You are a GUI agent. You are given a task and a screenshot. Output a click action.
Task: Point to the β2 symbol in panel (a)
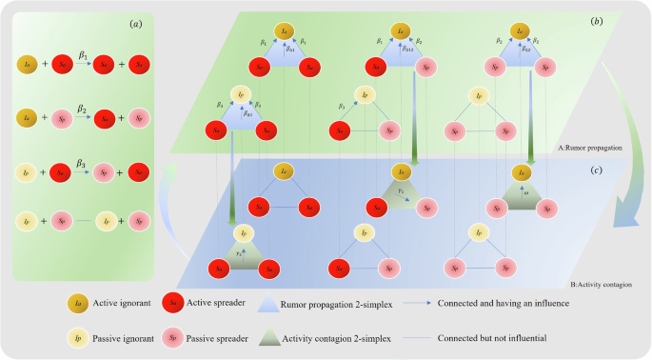[x=84, y=109]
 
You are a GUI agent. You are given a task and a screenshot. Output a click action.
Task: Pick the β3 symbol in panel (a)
[x=84, y=163]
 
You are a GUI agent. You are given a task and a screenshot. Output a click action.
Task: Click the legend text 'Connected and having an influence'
[x=505, y=305]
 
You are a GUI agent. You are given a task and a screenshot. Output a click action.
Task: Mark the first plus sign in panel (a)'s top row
[x=44, y=66]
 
